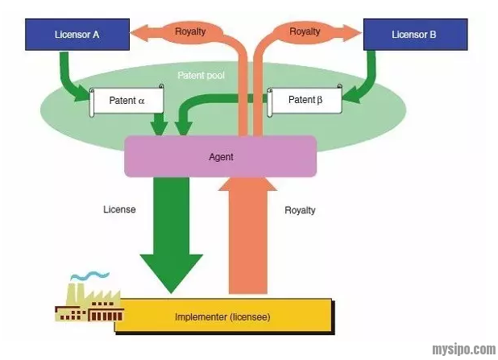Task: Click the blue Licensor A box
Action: click(77, 35)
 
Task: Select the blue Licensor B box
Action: click(415, 35)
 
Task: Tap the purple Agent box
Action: click(220, 156)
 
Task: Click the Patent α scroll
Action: click(127, 101)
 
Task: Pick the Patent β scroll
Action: click(305, 101)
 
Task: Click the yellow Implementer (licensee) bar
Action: click(223, 316)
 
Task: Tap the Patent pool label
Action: click(201, 76)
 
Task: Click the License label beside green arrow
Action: click(119, 209)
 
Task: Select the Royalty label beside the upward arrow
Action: click(300, 210)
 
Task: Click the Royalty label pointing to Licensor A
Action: click(190, 32)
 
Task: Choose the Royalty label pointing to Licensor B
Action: click(305, 32)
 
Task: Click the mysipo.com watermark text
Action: click(463, 350)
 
